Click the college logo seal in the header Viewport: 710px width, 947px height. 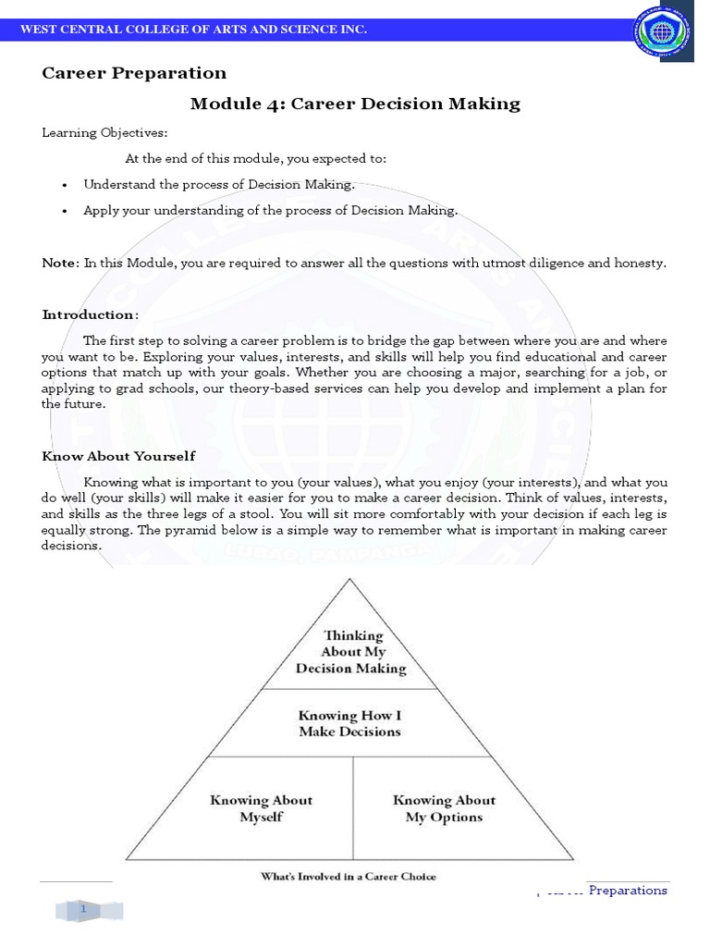(661, 36)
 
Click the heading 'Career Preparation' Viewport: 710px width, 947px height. (134, 73)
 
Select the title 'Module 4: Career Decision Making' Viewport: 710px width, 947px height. (355, 104)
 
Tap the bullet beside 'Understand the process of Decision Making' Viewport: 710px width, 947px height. (65, 185)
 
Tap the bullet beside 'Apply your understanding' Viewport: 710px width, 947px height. (65, 211)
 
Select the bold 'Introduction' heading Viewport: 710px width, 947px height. (89, 315)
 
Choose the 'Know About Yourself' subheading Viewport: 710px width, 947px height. (118, 456)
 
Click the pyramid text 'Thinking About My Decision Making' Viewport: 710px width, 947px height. (351, 652)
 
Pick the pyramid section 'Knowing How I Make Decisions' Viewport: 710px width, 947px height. (349, 723)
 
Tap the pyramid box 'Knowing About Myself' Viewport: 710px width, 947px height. (261, 808)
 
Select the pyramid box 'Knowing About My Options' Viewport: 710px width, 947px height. (444, 808)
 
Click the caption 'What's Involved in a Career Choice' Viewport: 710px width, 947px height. (349, 876)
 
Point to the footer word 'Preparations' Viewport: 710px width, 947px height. (628, 891)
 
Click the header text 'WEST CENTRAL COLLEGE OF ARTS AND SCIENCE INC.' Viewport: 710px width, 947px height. (194, 31)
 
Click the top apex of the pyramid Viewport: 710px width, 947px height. (349, 580)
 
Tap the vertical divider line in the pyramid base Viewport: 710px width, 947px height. (352, 808)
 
